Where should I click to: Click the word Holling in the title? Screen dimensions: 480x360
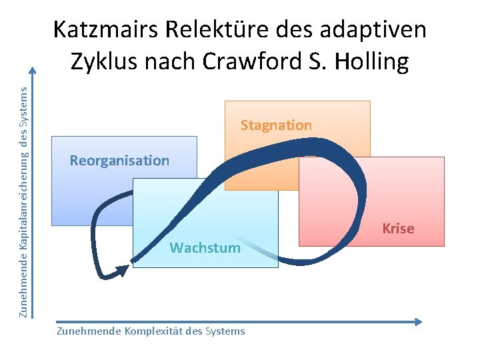coord(374,61)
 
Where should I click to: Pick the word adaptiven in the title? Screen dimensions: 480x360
coord(373,30)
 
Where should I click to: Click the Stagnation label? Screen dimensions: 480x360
coord(276,125)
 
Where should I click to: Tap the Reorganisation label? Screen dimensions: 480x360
coord(119,161)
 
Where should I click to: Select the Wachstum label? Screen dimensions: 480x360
coord(205,248)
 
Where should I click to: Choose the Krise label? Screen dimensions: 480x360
coord(398,229)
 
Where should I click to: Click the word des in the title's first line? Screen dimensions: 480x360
coord(293,30)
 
